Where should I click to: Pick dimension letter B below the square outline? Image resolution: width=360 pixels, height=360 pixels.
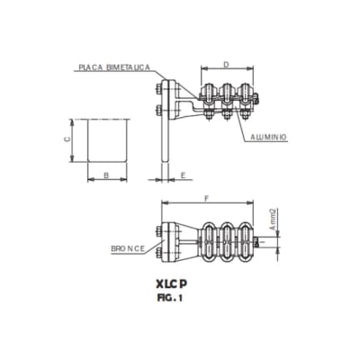[106, 174]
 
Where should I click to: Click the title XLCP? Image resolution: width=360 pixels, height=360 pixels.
[178, 282]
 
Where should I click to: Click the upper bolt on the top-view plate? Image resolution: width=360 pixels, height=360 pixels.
[159, 88]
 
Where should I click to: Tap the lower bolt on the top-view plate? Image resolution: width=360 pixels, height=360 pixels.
[159, 112]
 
